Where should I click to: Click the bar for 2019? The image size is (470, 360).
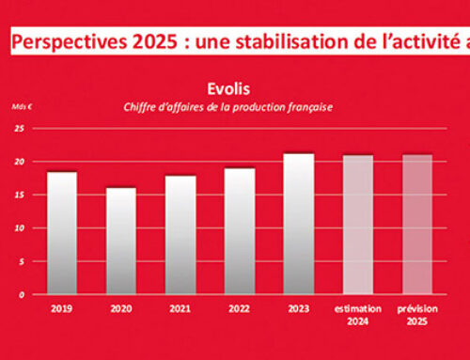[x=62, y=233]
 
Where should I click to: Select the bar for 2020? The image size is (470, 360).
[x=120, y=241]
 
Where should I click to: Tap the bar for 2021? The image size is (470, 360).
[x=180, y=235]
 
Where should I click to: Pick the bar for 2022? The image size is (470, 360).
[x=239, y=231]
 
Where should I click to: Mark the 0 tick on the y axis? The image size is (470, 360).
[x=20, y=294]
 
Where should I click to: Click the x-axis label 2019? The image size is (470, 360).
[x=62, y=306]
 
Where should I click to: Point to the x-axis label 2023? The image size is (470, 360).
[x=298, y=306]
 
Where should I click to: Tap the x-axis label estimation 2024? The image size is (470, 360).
[x=357, y=313]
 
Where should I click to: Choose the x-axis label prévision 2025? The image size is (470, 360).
[x=416, y=313]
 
